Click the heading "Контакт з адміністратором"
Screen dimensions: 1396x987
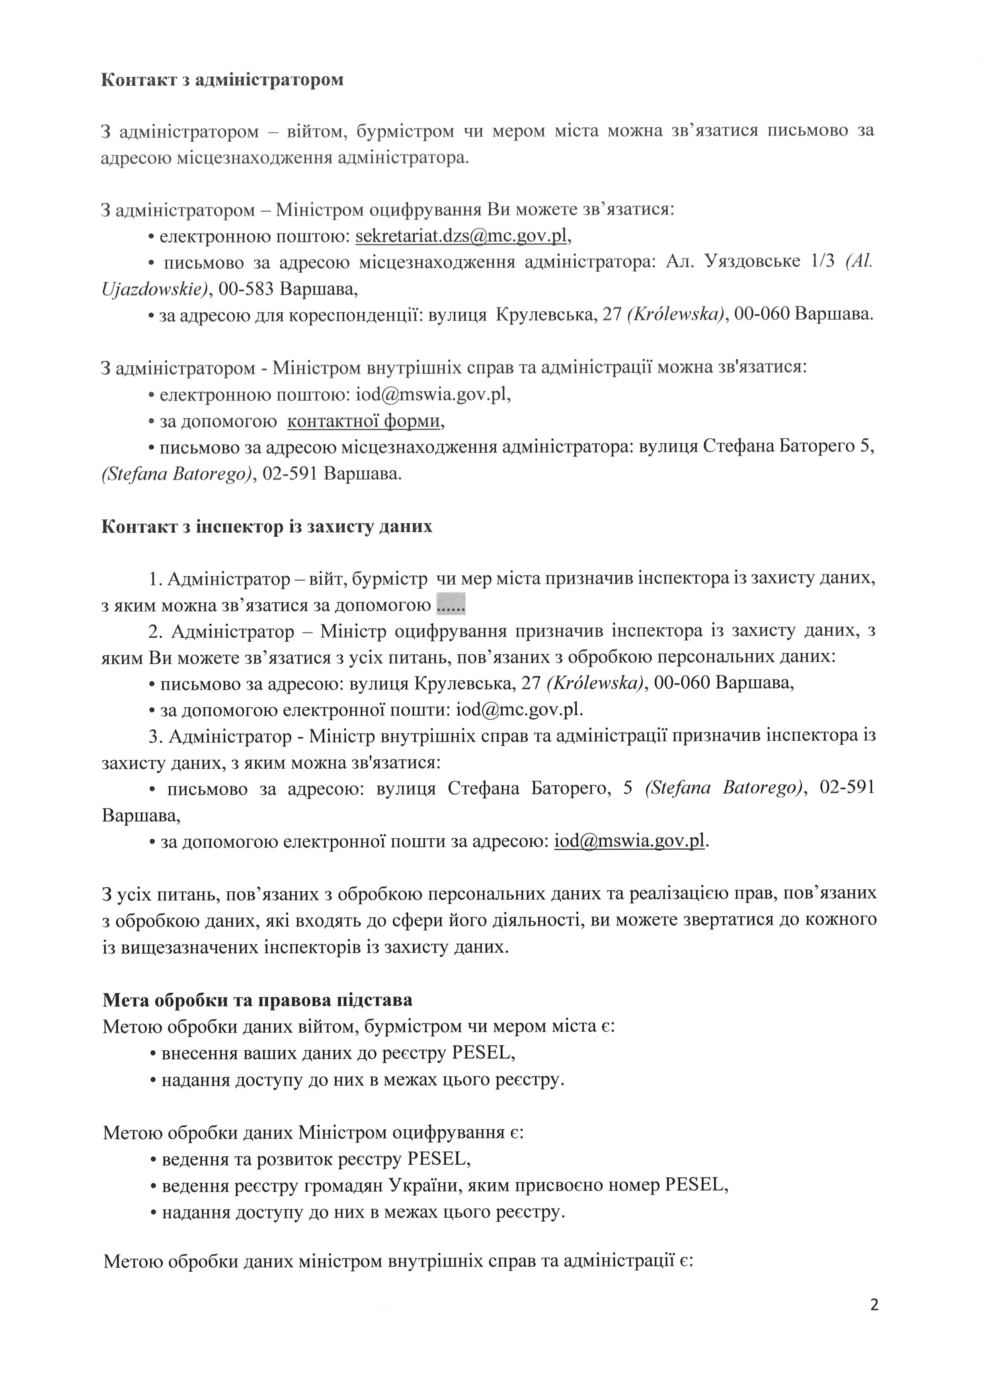click(222, 80)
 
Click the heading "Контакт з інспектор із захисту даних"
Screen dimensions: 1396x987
click(267, 527)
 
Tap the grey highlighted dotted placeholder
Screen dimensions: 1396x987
click(451, 605)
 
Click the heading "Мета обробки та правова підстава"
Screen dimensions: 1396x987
click(257, 1000)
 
